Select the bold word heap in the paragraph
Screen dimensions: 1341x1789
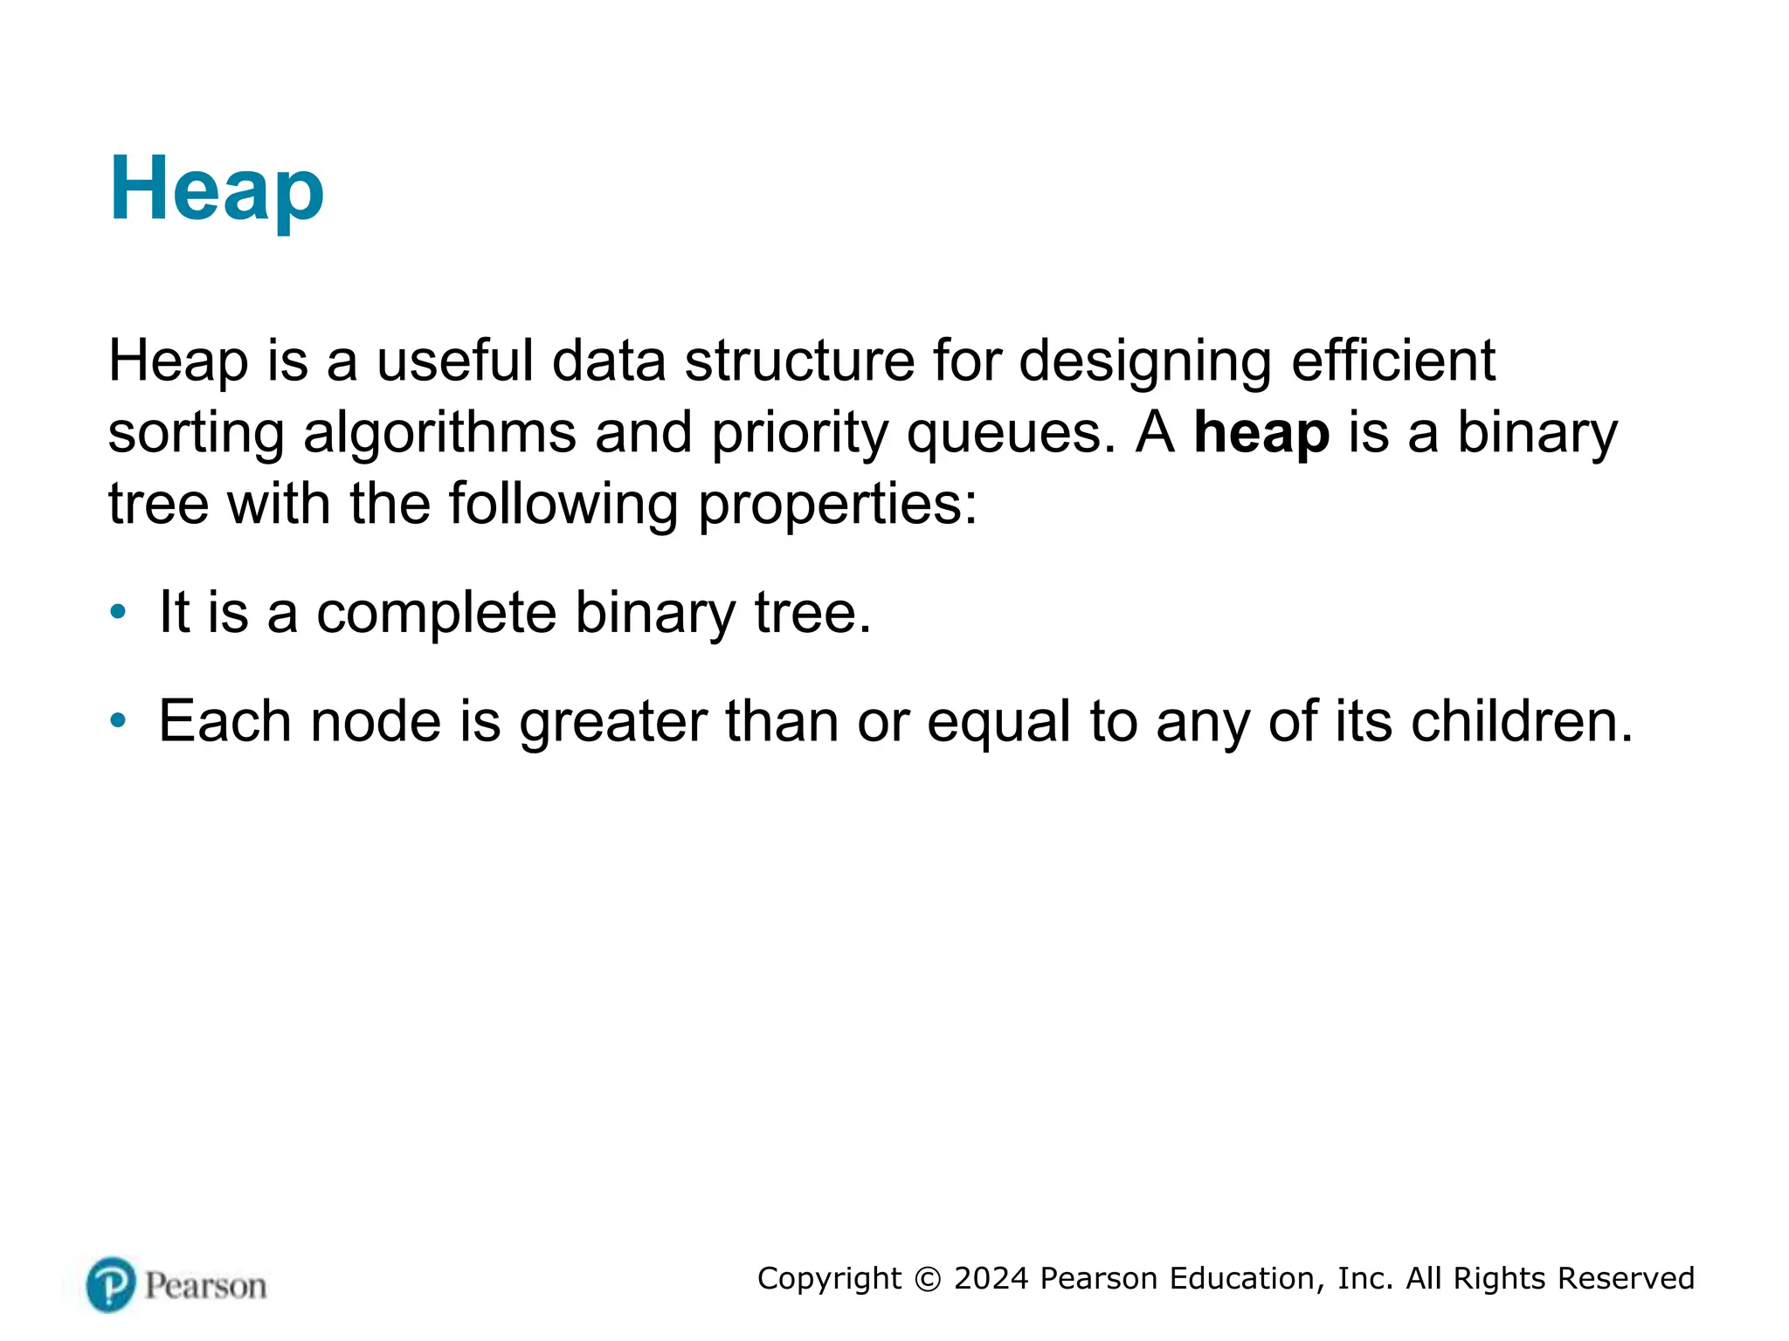(x=1261, y=433)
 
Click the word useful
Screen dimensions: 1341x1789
(x=454, y=361)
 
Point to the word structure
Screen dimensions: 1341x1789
(x=799, y=361)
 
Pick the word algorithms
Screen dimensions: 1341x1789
(x=439, y=433)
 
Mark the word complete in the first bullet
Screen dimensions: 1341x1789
(x=436, y=614)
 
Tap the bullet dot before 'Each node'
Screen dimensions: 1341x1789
(x=118, y=720)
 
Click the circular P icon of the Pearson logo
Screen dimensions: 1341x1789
(x=112, y=1284)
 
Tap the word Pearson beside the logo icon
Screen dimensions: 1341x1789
(x=205, y=1286)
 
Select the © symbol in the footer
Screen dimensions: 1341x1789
(x=928, y=1279)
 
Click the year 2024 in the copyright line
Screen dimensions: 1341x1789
(x=991, y=1279)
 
